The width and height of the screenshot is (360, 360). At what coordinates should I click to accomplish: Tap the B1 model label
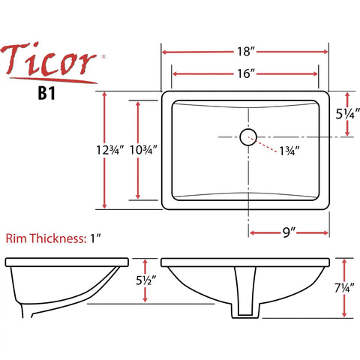46,94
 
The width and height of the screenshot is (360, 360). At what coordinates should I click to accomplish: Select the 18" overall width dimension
246,52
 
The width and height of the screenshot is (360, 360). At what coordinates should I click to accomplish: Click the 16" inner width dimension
246,73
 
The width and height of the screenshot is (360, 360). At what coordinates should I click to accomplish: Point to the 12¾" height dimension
110,150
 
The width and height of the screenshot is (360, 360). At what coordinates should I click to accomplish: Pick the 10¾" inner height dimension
143,150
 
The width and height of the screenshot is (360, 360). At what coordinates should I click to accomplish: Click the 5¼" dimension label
348,114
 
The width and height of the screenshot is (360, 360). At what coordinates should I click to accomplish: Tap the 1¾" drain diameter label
289,151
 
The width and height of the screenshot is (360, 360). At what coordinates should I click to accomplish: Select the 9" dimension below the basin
289,232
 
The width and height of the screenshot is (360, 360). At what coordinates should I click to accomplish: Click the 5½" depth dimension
146,280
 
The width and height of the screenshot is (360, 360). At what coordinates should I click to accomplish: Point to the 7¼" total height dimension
345,288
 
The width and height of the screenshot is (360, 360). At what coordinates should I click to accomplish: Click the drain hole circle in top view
248,137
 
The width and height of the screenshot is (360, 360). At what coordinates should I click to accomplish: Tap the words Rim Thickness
46,238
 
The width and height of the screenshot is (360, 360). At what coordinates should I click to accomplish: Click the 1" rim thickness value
96,238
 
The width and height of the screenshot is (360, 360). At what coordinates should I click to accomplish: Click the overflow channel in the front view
245,291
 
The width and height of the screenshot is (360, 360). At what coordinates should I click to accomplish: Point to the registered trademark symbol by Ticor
103,57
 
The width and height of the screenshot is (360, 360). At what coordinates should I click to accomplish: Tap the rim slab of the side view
67,262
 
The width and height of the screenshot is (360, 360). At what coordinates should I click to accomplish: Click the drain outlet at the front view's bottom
245,310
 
